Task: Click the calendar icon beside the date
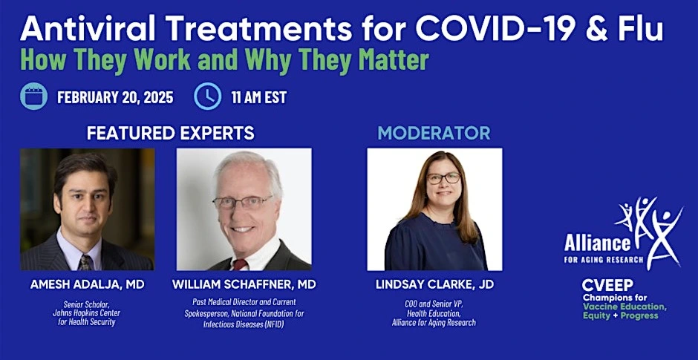coord(33,96)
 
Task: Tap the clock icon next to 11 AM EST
coord(207,96)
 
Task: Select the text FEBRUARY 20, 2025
coord(115,97)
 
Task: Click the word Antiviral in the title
coord(88,30)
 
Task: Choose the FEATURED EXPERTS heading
coord(171,133)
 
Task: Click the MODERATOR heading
coord(434,133)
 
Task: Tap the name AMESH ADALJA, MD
coord(88,285)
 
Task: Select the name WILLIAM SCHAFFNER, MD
coord(244,285)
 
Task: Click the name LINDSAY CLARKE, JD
coord(434,285)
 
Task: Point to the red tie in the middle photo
coord(240,264)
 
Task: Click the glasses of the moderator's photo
coord(443,178)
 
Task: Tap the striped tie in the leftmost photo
coord(85,262)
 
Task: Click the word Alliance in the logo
coord(598,243)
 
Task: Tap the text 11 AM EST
coord(258,97)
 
